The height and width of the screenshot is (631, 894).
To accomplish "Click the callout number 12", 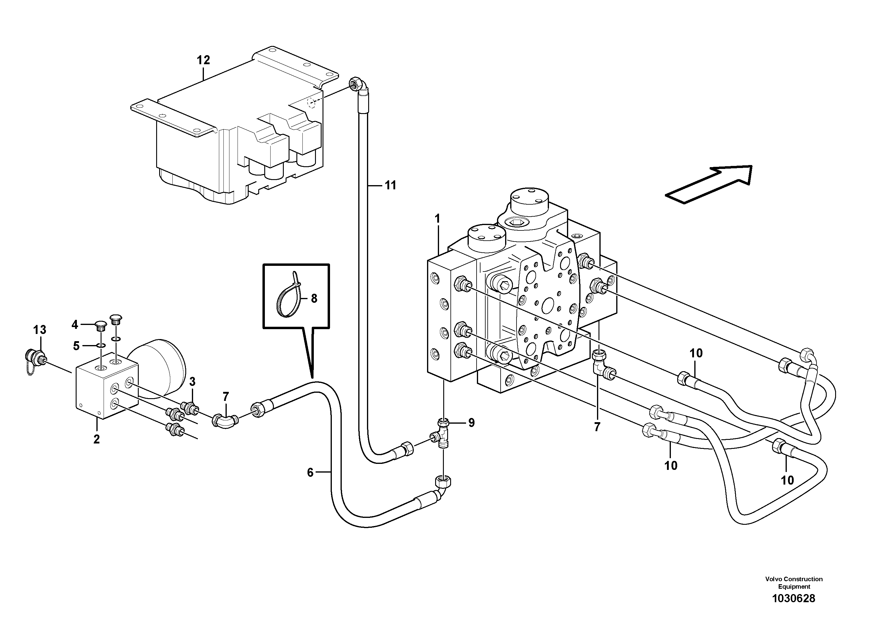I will coord(203,60).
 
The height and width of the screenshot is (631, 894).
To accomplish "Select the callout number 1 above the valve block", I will coord(437,219).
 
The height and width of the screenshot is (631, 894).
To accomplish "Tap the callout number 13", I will coord(40,330).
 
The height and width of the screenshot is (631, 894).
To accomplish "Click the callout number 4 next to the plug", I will coord(75,324).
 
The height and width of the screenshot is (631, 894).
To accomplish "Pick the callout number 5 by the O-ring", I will coord(76,345).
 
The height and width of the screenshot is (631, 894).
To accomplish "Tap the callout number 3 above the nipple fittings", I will coord(192,381).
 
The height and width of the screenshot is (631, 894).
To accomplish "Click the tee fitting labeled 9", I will coord(442,435).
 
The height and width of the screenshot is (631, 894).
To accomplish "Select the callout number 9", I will coord(471,423).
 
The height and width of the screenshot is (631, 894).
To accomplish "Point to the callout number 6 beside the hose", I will coord(310,472).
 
